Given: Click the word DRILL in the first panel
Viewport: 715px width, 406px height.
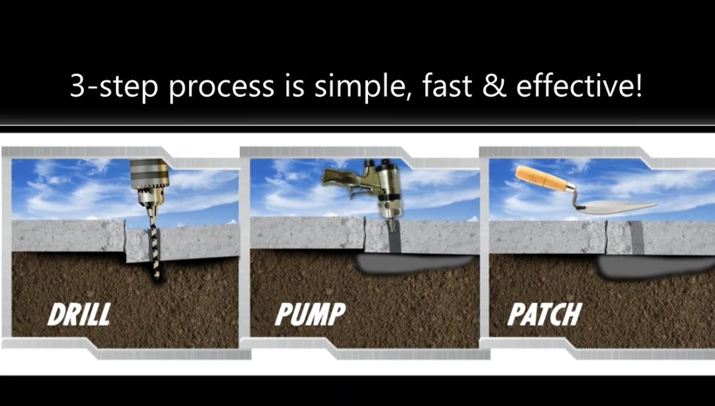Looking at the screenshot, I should coord(78,314).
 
